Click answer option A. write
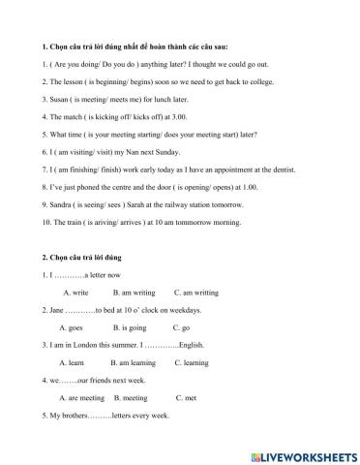75,292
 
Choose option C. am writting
196,292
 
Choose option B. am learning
135,362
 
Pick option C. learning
194,362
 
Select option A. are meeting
81,397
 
